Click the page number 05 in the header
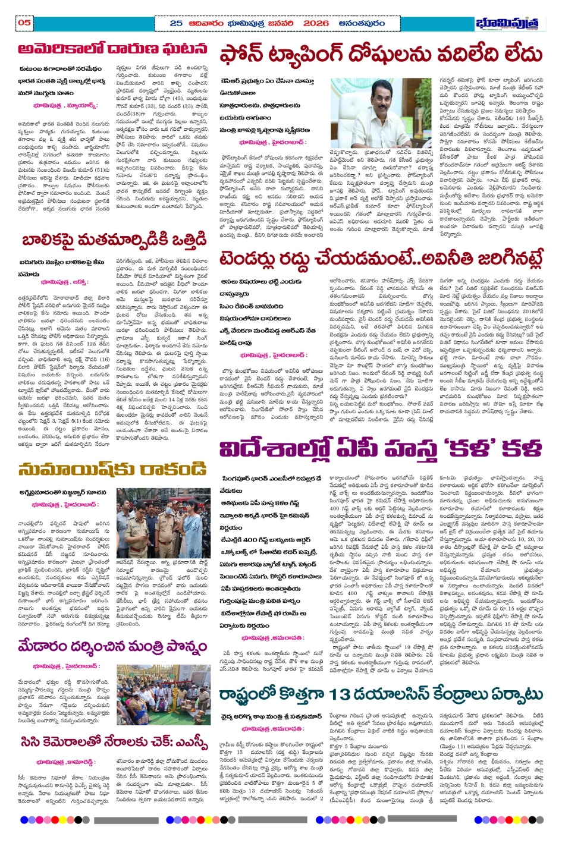[24, 23]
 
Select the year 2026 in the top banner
[315, 23]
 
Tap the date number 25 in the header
[176, 23]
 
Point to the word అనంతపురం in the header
[362, 23]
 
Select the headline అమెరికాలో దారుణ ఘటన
[112, 49]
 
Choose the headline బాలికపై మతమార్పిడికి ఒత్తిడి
[114, 240]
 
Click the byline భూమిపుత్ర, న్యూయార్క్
[65, 105]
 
